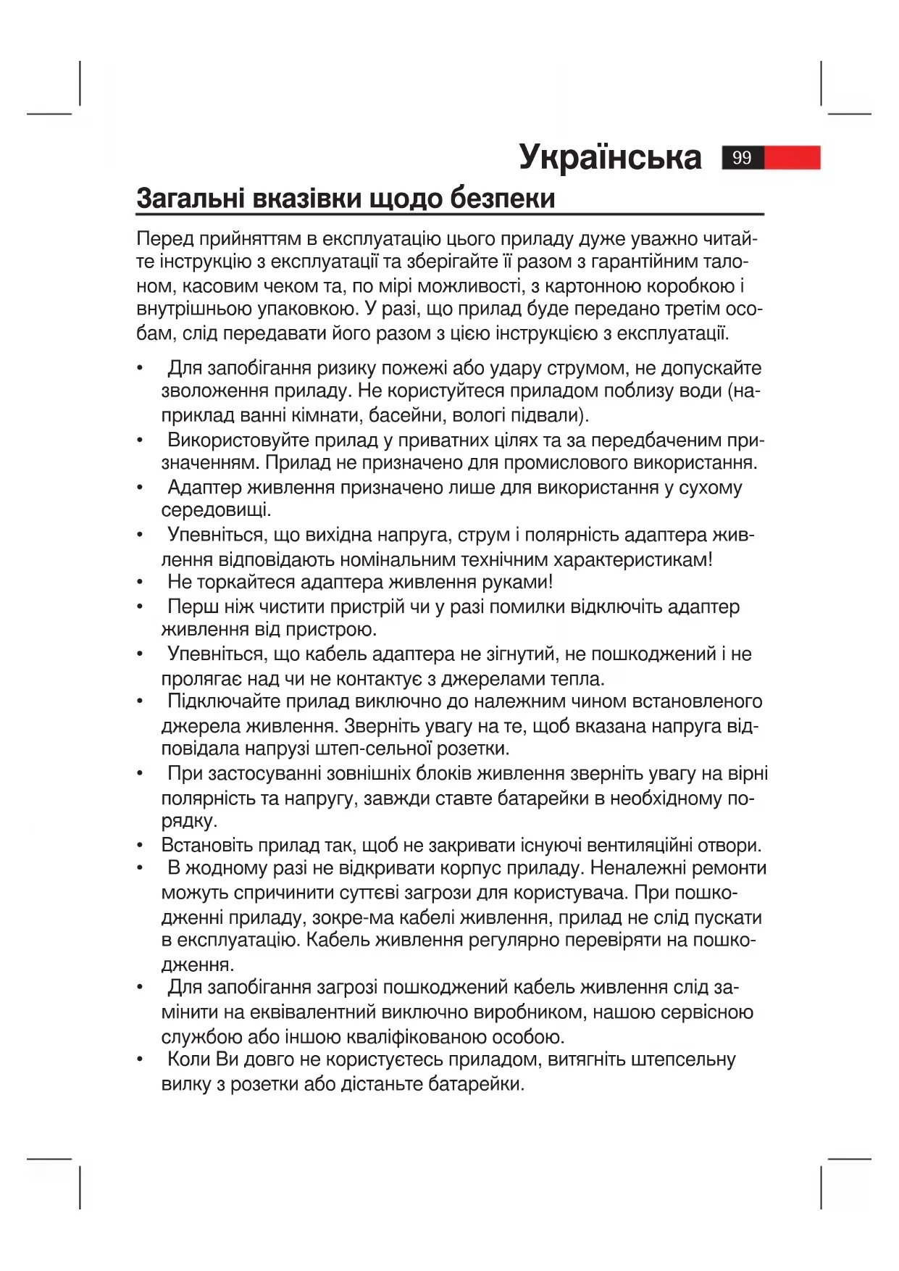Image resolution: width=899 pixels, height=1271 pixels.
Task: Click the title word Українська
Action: tap(610, 157)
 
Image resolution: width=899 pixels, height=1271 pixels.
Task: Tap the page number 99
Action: tap(743, 157)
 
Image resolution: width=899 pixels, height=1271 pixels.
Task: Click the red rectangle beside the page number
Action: tap(793, 157)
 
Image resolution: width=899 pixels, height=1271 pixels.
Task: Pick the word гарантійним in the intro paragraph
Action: tap(635, 262)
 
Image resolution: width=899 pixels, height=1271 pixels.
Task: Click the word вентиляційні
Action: tap(639, 845)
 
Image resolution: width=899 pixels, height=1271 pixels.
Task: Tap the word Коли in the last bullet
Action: tap(189, 1059)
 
